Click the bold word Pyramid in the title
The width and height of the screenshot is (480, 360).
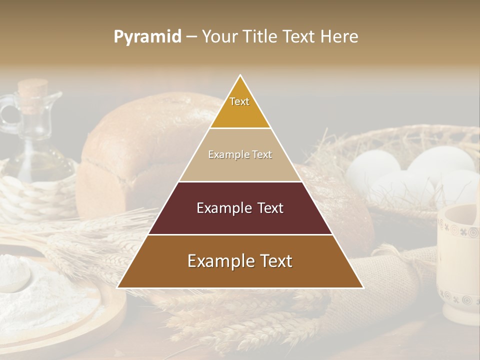click(x=147, y=37)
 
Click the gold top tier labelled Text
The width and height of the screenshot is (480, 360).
click(x=240, y=107)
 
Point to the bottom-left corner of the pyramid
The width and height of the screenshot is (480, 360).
click(x=117, y=287)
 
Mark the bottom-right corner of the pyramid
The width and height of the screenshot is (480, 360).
click(x=363, y=287)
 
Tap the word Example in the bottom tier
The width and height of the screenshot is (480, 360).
click(x=219, y=261)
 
